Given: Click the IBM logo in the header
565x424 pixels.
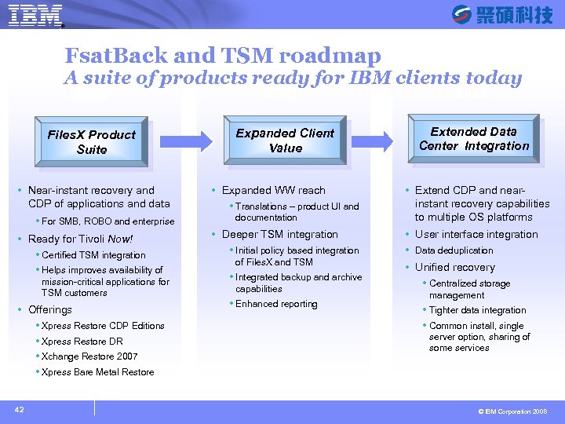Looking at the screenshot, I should click(36, 15).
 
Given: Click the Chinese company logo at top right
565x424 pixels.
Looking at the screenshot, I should click(502, 14).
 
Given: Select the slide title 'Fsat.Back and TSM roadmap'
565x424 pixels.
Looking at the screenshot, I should click(223, 56).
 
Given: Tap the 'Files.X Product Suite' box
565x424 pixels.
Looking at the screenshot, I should click(91, 141).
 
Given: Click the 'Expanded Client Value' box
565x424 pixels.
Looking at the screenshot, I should click(285, 141).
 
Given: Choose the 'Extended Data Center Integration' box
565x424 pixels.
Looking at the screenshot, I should click(474, 139).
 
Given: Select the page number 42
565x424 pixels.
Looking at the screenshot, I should click(18, 409).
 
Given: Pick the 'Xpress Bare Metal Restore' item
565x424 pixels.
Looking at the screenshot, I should click(97, 372).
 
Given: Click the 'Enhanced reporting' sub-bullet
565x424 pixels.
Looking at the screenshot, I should click(276, 304).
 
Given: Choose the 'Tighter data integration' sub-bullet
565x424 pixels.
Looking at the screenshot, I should click(477, 310).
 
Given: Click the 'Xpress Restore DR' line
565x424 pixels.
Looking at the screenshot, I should click(82, 342).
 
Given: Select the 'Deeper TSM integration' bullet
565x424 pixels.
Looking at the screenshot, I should click(279, 234).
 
